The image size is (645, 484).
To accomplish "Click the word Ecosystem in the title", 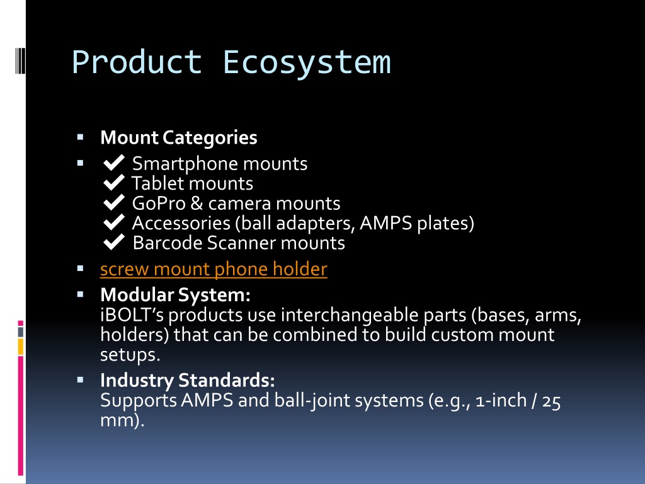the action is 307,62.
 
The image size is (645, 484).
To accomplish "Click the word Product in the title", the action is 137,62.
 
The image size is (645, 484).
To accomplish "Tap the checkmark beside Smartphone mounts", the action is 114,163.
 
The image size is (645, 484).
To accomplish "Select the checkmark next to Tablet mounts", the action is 114,182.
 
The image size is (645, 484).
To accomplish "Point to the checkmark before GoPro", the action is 114,202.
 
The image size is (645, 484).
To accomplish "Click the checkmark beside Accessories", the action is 114,222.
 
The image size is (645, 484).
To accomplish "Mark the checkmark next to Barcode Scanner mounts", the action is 114,241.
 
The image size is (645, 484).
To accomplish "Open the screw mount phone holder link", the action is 214,269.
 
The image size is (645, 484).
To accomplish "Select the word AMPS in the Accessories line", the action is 385,223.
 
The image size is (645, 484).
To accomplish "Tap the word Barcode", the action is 168,243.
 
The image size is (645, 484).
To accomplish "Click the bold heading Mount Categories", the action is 178,137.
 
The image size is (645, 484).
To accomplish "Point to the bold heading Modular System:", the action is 175,295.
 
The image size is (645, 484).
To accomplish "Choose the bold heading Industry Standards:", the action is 188,380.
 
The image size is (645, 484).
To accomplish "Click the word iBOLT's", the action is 132,315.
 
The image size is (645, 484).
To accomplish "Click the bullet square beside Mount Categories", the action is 80,137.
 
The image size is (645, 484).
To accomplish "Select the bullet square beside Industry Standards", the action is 80,379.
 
